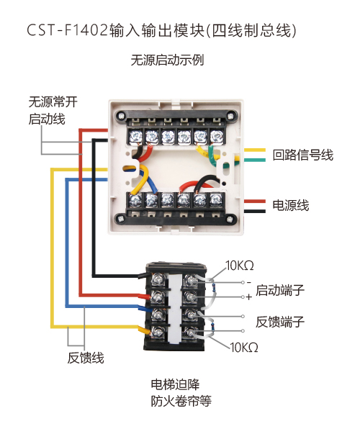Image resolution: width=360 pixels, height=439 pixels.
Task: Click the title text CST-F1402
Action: click(67, 30)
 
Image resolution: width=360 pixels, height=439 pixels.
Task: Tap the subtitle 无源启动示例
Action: click(167, 60)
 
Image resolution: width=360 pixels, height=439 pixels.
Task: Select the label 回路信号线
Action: click(303, 155)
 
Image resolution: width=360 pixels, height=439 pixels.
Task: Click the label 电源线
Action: click(291, 205)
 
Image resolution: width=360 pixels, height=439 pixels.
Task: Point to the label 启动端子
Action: click(280, 290)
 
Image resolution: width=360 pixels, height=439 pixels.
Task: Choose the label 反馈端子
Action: click(280, 322)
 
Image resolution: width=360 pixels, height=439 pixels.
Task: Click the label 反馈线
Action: click(86, 358)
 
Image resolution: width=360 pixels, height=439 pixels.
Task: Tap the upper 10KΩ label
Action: click(240, 266)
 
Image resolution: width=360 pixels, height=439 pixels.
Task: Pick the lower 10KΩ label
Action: click(244, 348)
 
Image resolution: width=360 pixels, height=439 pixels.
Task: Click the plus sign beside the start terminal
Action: click(249, 297)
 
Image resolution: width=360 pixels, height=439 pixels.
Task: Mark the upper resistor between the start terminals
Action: click(215, 288)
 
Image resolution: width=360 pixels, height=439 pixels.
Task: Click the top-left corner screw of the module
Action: click(121, 115)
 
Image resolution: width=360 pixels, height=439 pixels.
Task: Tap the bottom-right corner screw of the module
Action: click(230, 219)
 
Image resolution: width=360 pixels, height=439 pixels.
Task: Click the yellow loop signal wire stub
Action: click(254, 150)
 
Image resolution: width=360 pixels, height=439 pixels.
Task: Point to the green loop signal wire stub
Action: click(254, 160)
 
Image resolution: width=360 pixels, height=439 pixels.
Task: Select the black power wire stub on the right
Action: click(254, 212)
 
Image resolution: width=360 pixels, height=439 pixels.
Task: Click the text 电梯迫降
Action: click(175, 384)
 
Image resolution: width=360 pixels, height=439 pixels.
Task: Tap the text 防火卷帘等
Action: click(181, 401)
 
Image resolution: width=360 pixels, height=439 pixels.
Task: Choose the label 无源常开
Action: click(53, 101)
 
